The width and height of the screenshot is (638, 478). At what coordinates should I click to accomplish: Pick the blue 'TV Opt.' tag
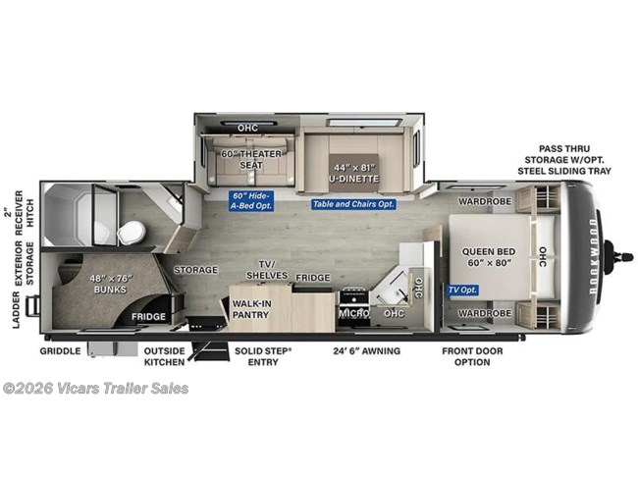461,290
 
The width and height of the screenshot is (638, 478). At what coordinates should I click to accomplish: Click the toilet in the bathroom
130,231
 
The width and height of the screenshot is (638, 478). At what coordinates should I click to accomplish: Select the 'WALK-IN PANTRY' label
252,310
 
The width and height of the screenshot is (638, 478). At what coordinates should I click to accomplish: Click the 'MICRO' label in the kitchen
353,313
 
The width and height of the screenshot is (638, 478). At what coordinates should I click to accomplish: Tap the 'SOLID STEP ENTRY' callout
262,356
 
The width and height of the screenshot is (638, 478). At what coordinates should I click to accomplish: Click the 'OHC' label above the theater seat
248,128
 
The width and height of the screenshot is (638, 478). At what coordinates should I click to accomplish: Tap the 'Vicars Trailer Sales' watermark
95,389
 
